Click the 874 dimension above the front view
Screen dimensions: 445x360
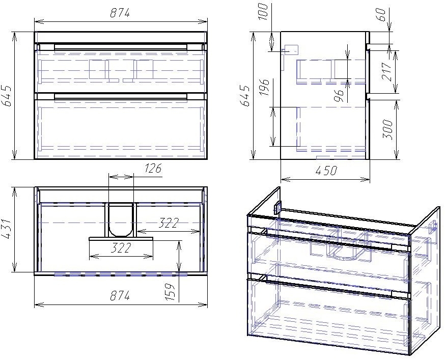(x=120, y=13)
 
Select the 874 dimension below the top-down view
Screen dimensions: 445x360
(x=120, y=295)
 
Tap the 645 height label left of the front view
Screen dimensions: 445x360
(x=7, y=95)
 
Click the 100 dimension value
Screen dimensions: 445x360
(x=263, y=12)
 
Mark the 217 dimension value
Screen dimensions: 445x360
(x=387, y=72)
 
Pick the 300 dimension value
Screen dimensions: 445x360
(x=388, y=130)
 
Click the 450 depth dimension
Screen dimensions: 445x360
(x=326, y=171)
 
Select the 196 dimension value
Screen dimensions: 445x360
(x=264, y=88)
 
